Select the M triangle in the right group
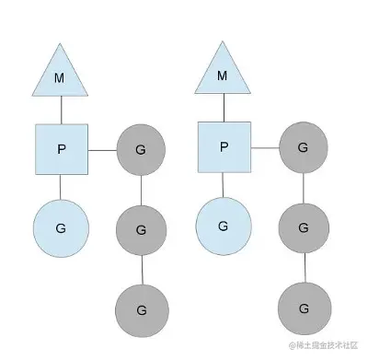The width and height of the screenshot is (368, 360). pyautogui.click(x=222, y=74)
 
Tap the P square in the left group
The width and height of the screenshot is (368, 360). pyautogui.click(x=62, y=148)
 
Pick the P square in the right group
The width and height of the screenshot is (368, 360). pyautogui.click(x=224, y=146)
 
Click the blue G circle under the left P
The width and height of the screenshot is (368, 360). pyautogui.click(x=61, y=226)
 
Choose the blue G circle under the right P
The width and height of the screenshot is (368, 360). pyautogui.click(x=223, y=224)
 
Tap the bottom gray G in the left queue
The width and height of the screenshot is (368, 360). pyautogui.click(x=141, y=308)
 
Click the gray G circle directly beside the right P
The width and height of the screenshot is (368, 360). pyautogui.click(x=304, y=146)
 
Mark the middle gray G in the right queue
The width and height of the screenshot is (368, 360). pyautogui.click(x=304, y=226)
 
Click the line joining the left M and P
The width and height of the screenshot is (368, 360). pyautogui.click(x=61, y=110)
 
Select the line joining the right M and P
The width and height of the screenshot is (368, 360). pyautogui.click(x=223, y=108)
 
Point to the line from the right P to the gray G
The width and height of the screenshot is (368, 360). pyautogui.click(x=264, y=146)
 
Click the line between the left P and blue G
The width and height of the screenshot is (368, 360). pyautogui.click(x=61, y=185)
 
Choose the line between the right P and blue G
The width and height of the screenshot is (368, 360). pyautogui.click(x=223, y=184)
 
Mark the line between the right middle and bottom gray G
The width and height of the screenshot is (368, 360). pyautogui.click(x=304, y=266)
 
